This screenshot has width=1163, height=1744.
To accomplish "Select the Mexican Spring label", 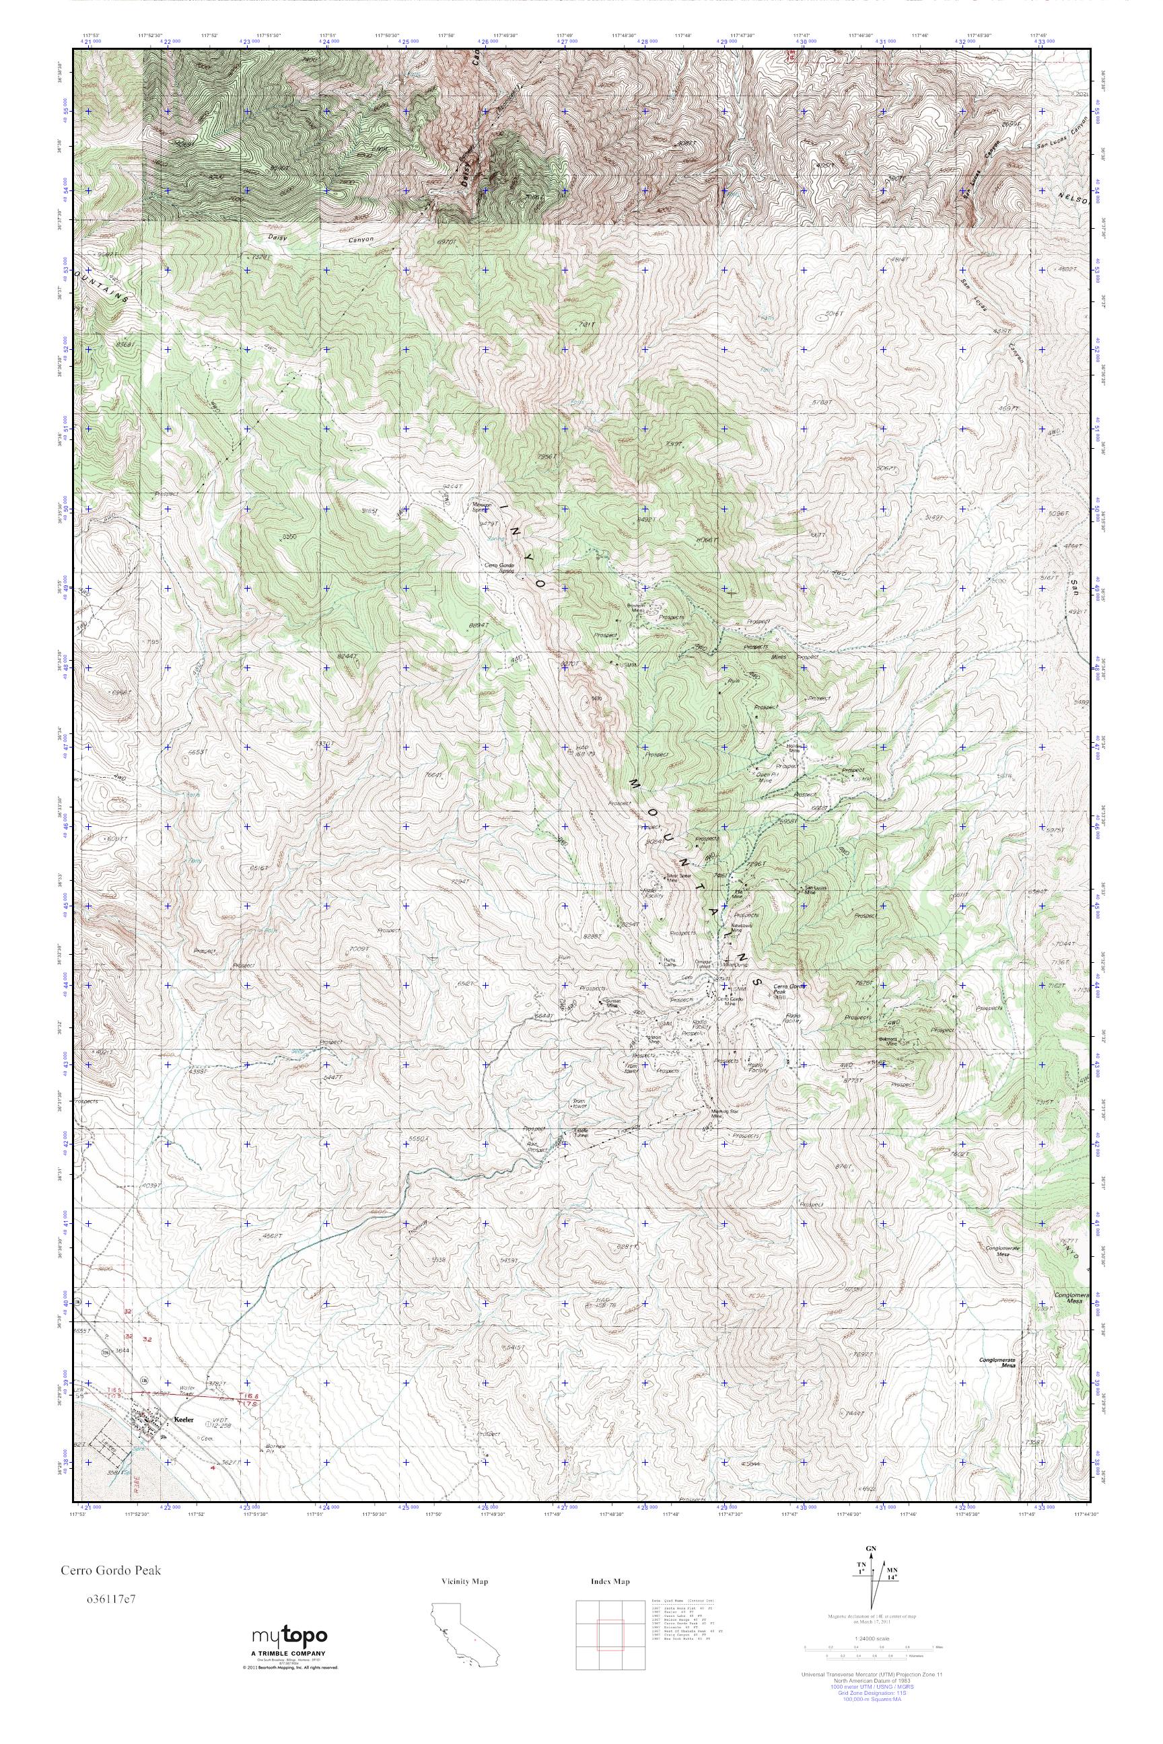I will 483,508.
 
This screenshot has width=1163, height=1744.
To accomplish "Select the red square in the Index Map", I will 610,1638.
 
